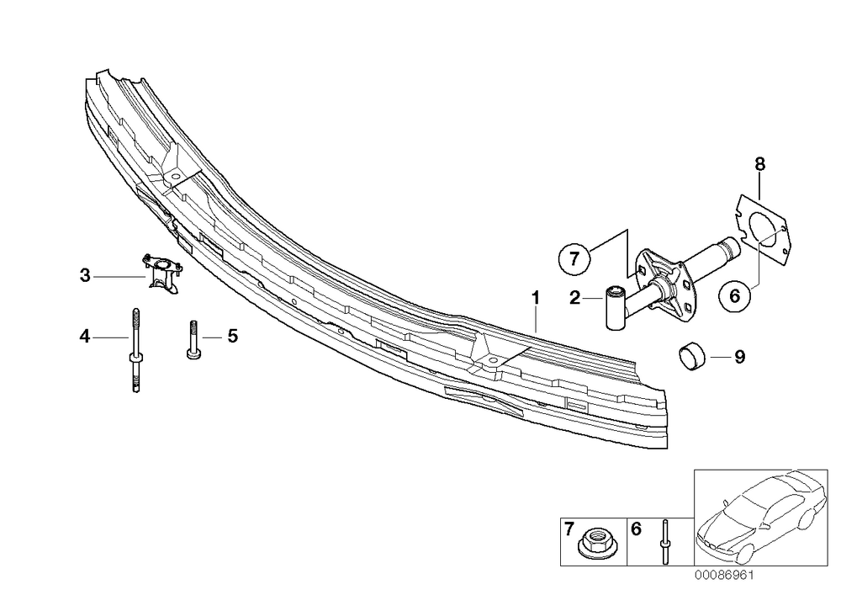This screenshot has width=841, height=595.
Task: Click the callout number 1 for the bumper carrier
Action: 535,298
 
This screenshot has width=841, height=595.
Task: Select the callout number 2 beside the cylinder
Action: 575,298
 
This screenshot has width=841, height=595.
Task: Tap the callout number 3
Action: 85,276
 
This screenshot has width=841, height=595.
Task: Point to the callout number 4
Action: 85,337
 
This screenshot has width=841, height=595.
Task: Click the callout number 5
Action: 232,337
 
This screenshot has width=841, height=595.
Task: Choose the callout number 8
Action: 760,163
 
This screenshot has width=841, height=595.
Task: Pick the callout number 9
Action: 739,356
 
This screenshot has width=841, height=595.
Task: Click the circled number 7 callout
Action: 574,258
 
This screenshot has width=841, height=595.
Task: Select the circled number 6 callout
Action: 735,295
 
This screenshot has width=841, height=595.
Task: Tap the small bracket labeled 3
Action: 162,273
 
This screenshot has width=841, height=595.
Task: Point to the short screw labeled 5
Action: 193,339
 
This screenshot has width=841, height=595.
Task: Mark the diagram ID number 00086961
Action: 724,575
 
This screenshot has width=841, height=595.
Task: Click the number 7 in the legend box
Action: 569,529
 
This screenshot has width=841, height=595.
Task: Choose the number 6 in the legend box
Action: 636,529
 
